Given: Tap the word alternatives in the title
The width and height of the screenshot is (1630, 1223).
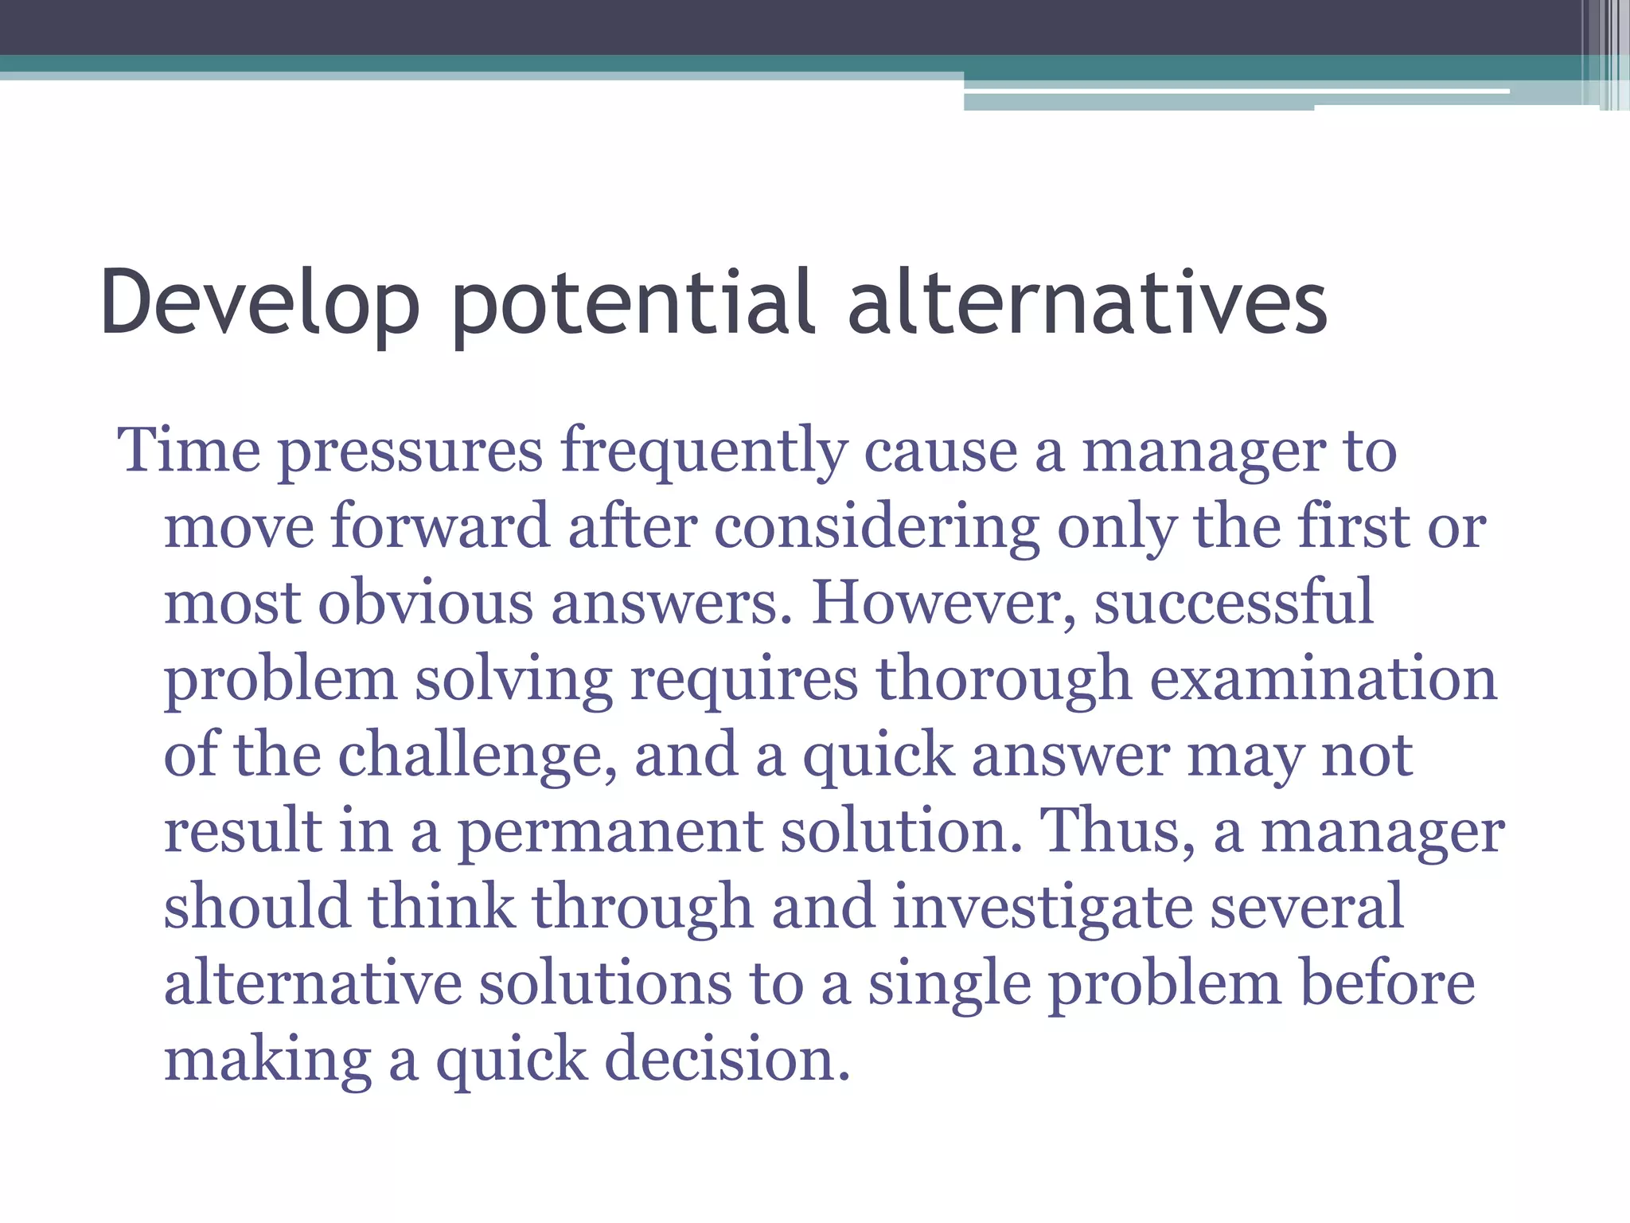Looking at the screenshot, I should point(1087,303).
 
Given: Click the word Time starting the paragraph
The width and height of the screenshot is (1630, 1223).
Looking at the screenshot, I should point(189,451).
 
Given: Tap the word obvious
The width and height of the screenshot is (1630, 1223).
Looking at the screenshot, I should point(426,603).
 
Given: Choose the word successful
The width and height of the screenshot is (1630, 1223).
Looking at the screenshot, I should point(1234,603).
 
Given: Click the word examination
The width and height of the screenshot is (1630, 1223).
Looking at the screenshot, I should point(1324,679).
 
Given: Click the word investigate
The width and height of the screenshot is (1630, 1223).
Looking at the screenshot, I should point(1042,908).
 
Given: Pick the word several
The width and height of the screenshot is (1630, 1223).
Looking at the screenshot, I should point(1306,907).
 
